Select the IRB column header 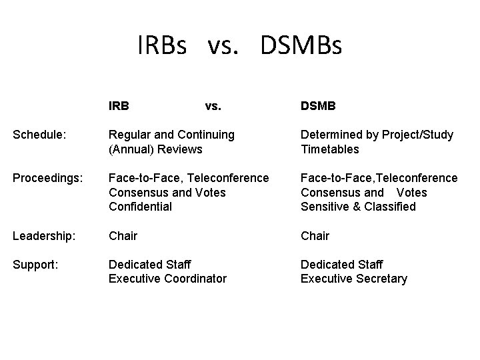click(x=119, y=105)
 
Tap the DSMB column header click(x=318, y=105)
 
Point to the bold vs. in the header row click(x=213, y=105)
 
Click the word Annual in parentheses click(x=133, y=149)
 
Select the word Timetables click(x=329, y=149)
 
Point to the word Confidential click(x=140, y=207)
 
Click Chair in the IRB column click(x=123, y=235)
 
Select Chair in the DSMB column click(x=315, y=235)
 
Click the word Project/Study click(x=417, y=135)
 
